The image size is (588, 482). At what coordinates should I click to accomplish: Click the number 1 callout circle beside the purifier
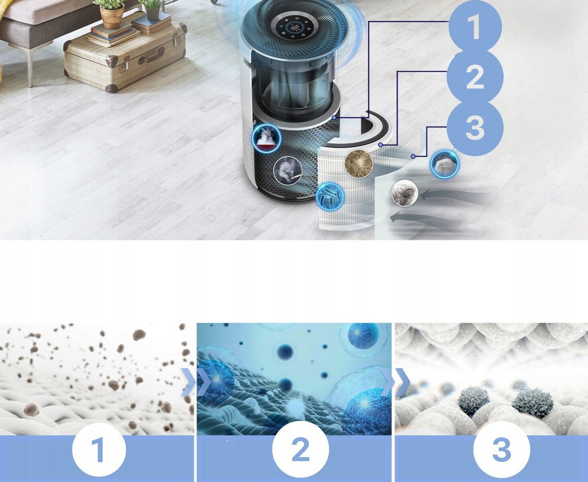point(475,26)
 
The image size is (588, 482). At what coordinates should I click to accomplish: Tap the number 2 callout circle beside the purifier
point(475,77)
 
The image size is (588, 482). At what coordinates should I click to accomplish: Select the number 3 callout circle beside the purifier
point(475,128)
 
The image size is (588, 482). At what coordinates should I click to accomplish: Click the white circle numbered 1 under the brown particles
point(99,449)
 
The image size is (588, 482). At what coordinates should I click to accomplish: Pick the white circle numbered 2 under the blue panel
point(300,449)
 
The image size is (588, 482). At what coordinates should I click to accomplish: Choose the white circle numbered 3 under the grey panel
point(502,449)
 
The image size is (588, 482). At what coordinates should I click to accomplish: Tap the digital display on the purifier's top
point(295,28)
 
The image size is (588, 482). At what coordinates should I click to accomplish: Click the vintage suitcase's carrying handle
point(151,56)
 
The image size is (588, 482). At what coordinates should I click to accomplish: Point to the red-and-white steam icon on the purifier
point(266,138)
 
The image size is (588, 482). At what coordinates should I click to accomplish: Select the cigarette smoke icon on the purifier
point(288,171)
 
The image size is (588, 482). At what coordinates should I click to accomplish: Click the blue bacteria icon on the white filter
point(330,196)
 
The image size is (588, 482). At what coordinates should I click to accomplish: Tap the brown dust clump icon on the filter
point(359,164)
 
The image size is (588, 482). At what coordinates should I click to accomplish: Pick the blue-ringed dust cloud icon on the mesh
point(445,164)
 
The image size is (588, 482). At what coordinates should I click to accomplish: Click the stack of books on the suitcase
point(113,34)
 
